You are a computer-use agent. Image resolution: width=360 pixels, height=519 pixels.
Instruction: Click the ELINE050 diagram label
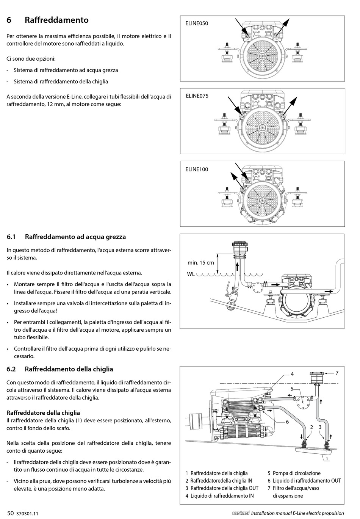click(197, 24)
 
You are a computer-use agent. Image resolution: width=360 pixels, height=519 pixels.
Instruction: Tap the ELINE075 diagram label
click(197, 96)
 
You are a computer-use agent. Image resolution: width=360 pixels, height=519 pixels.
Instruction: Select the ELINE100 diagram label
click(197, 169)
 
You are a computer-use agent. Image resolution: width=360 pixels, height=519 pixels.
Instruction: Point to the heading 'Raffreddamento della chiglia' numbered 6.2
click(69, 369)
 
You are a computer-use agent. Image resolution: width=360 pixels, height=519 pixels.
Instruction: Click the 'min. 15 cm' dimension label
click(200, 263)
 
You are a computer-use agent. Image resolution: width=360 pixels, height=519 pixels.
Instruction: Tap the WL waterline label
click(191, 274)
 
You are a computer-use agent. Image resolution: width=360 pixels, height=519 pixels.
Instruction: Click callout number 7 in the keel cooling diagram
click(337, 373)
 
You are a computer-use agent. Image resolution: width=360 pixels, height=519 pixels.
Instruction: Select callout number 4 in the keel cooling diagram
click(292, 374)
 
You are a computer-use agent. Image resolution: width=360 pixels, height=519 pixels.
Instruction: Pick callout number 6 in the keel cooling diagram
click(287, 422)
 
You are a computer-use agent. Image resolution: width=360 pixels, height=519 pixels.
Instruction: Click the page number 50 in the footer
click(10, 513)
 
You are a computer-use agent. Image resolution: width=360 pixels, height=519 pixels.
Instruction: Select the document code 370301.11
click(28, 514)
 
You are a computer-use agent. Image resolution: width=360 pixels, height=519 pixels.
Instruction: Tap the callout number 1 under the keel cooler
click(327, 458)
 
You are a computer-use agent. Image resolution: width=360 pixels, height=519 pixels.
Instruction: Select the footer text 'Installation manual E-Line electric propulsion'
click(297, 513)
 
